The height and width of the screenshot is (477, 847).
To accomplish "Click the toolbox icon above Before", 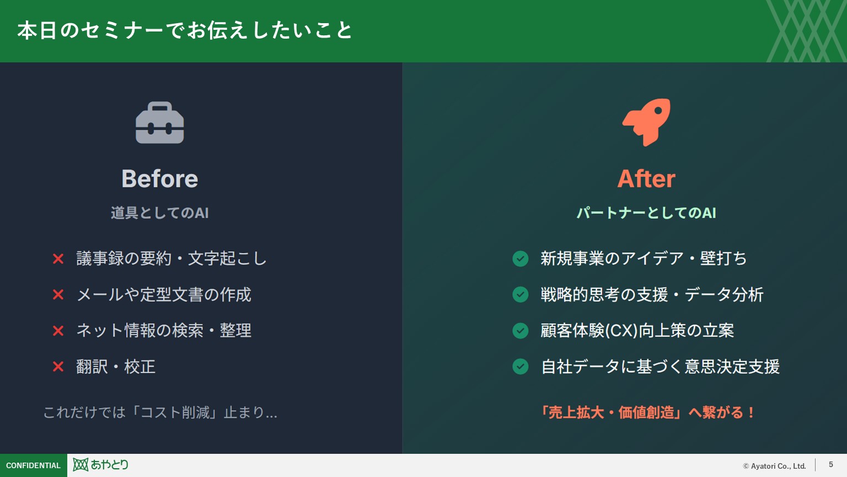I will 160,123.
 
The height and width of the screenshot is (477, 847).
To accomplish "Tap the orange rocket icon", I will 646,122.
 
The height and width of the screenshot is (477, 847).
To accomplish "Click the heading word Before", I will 160,179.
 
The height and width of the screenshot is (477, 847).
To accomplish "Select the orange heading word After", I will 646,179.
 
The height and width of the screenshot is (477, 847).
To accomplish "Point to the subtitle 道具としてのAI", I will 160,213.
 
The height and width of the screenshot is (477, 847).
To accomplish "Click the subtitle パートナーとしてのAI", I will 646,213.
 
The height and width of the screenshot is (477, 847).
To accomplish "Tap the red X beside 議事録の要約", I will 58,258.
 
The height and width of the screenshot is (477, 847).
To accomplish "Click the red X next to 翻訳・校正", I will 58,367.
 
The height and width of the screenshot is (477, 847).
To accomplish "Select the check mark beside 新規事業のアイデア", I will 521,258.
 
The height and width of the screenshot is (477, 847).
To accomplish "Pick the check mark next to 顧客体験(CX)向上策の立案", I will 521,331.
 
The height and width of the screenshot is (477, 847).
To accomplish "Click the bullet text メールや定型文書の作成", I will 164,295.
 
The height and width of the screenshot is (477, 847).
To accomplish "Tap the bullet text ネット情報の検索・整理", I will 164,331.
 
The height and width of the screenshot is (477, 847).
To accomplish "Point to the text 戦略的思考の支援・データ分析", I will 652,295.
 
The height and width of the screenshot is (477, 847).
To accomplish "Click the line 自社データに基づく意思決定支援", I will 660,367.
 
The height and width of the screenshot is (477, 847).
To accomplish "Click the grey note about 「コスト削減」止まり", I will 160,412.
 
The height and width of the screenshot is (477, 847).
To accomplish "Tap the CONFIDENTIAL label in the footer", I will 33,465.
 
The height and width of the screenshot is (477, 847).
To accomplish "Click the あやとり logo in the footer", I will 101,465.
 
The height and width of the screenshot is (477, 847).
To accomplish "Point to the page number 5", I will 831,465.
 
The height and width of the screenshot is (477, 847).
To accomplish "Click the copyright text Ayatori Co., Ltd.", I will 775,466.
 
